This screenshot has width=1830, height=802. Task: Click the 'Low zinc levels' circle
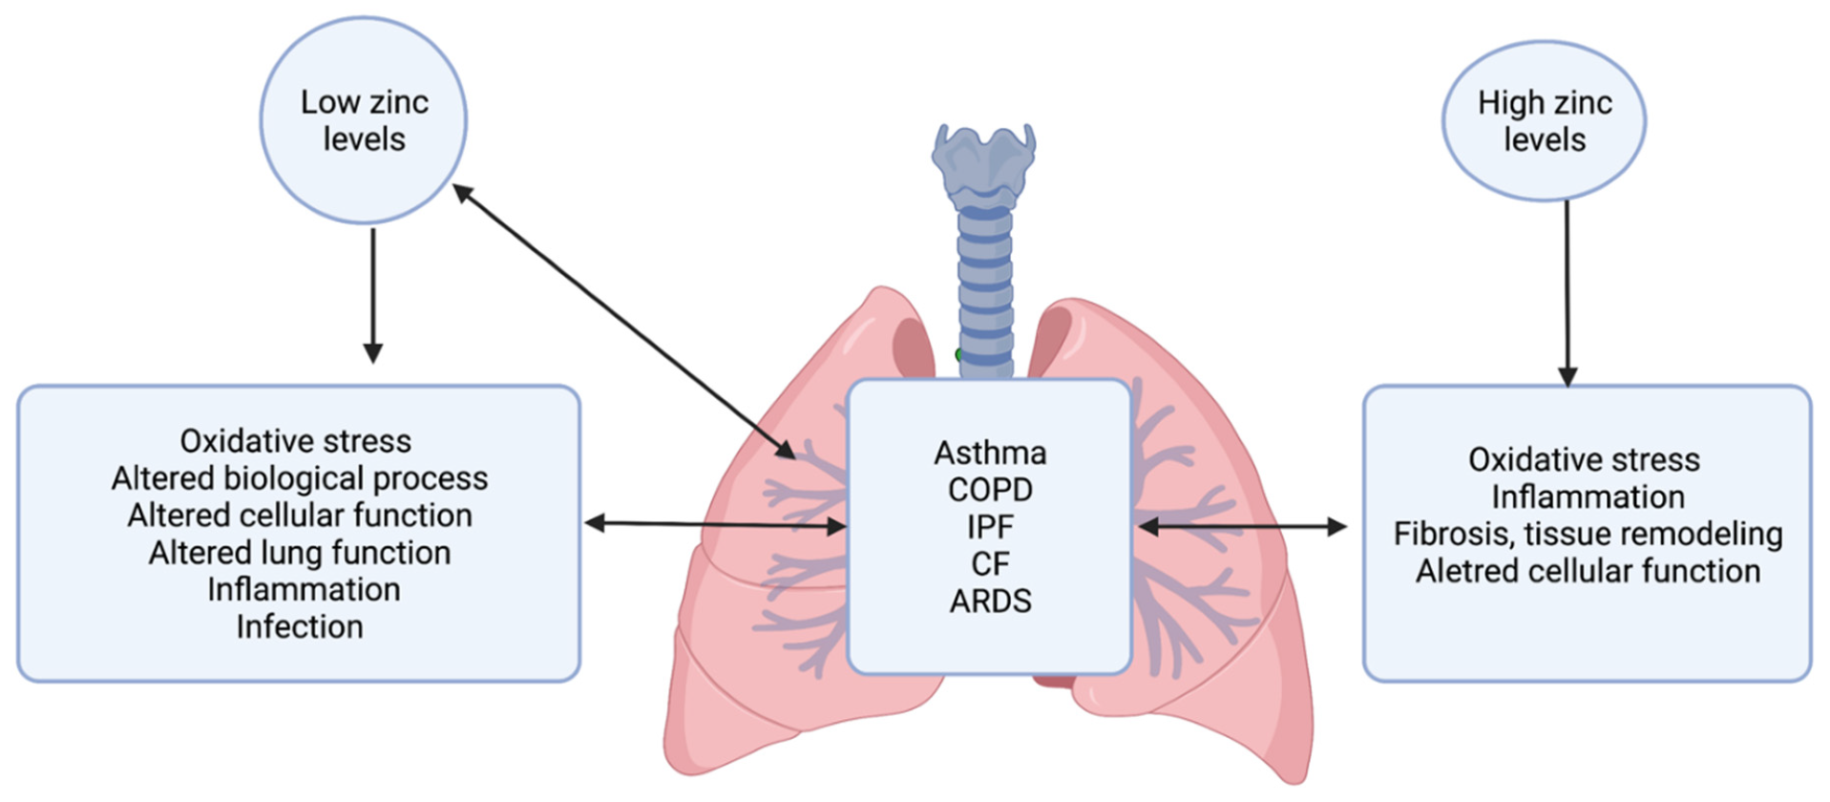pyautogui.click(x=364, y=120)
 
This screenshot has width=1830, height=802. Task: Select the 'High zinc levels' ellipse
pyautogui.click(x=1544, y=120)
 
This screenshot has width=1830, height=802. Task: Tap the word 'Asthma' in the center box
pyautogui.click(x=990, y=453)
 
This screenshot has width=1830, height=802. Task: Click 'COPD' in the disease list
pyautogui.click(x=990, y=490)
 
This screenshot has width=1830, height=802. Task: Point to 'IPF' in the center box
pyautogui.click(x=990, y=527)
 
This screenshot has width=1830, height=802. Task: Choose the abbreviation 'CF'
pyautogui.click(x=990, y=564)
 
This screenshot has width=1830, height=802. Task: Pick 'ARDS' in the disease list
pyautogui.click(x=990, y=601)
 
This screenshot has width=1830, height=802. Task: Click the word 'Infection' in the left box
pyautogui.click(x=300, y=627)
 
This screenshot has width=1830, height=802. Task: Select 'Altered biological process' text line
pyautogui.click(x=300, y=478)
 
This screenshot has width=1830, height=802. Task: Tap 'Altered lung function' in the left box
pyautogui.click(x=300, y=553)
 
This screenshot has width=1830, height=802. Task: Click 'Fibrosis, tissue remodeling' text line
pyautogui.click(x=1588, y=534)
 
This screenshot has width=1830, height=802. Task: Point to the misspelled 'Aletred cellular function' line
pyautogui.click(x=1588, y=571)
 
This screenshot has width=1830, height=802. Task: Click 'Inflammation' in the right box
pyautogui.click(x=1588, y=496)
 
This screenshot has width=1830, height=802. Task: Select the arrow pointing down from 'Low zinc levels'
pyautogui.click(x=373, y=296)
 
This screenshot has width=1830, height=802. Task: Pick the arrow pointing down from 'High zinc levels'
pyautogui.click(x=1567, y=293)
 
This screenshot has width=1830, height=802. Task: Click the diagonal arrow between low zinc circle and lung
pyautogui.click(x=623, y=321)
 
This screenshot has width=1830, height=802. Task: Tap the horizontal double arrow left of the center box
pyautogui.click(x=715, y=524)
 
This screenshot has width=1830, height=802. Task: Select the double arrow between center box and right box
pyautogui.click(x=1242, y=526)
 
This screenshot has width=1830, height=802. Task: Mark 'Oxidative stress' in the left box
pyautogui.click(x=296, y=441)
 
